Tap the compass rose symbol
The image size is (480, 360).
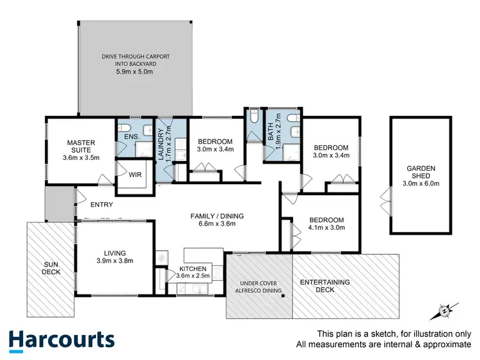[444, 312]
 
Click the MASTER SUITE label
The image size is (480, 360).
[81, 146]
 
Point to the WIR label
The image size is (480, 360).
[135, 174]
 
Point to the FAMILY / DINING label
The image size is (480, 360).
[217, 215]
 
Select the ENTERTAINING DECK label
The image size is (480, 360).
[324, 285]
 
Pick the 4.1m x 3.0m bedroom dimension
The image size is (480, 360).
[326, 228]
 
